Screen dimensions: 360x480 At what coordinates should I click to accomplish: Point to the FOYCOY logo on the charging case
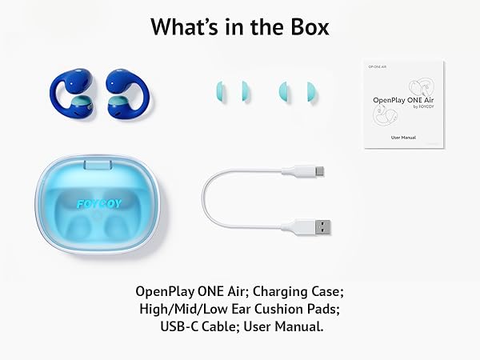tap(98, 203)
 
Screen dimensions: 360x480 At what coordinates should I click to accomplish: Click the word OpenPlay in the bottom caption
tap(166, 290)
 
